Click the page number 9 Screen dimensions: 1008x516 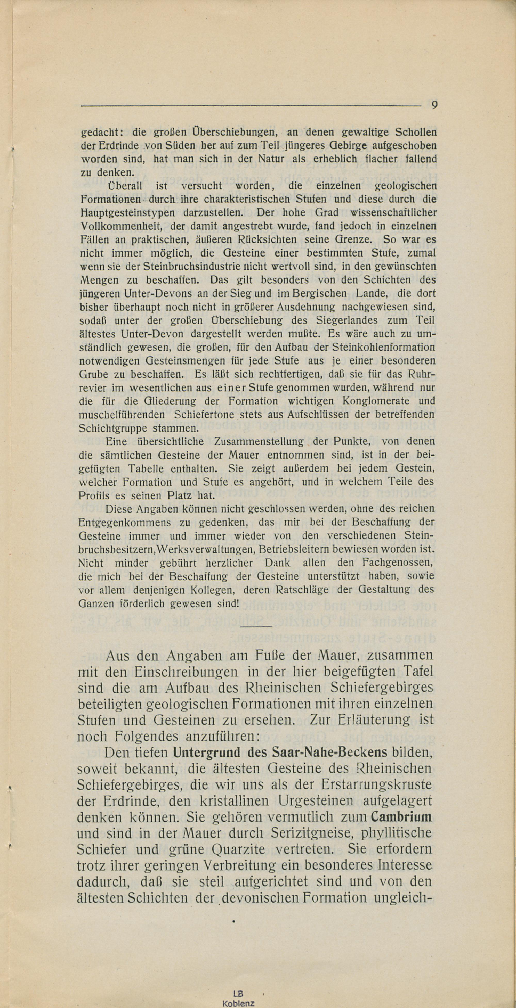tap(434, 105)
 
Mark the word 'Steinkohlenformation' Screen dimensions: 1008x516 tap(383, 347)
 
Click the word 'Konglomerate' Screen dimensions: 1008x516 tap(370, 401)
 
